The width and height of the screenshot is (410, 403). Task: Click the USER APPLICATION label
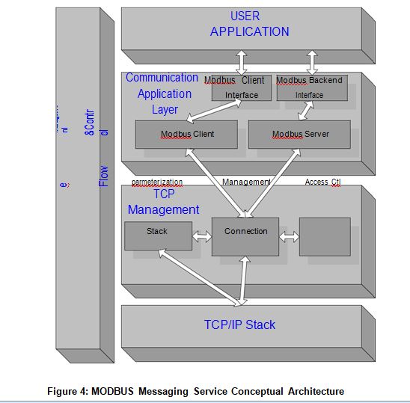click(249, 24)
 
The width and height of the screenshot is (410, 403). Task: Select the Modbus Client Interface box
click(241, 87)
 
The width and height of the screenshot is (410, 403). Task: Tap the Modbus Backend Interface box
click(310, 87)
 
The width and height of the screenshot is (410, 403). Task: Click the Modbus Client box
click(188, 135)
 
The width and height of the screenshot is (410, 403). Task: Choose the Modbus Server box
click(300, 135)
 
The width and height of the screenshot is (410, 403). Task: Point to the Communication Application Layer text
click(162, 93)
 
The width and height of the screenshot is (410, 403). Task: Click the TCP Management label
click(163, 202)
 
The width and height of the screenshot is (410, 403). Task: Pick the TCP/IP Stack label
click(239, 324)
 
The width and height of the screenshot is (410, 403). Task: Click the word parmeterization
click(157, 182)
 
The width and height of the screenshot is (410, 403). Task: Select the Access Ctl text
click(322, 182)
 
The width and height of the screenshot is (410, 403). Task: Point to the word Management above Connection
click(246, 182)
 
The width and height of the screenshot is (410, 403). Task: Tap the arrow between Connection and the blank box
click(289, 237)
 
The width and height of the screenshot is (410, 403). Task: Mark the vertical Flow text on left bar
click(104, 176)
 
